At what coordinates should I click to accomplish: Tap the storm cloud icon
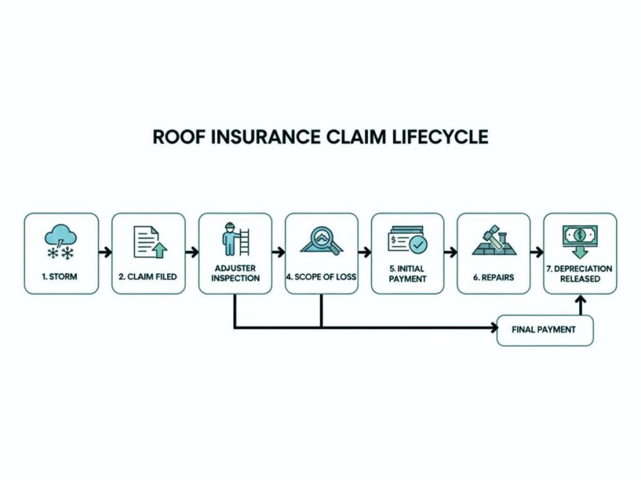61,242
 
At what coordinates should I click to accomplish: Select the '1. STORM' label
61,275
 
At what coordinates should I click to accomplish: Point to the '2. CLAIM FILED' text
148,275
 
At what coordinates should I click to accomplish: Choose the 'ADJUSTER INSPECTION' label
235,273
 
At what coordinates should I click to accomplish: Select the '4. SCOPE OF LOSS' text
322,275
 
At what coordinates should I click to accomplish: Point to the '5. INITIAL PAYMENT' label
408,273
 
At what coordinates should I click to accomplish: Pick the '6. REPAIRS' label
493,275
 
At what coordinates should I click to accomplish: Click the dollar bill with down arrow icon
580,241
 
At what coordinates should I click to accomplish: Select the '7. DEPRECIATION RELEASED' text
580,273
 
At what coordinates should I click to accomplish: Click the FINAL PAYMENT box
544,329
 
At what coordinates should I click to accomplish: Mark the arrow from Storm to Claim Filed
105,253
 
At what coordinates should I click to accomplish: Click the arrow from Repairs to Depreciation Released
536,253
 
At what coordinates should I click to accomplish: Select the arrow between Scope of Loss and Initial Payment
364,253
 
